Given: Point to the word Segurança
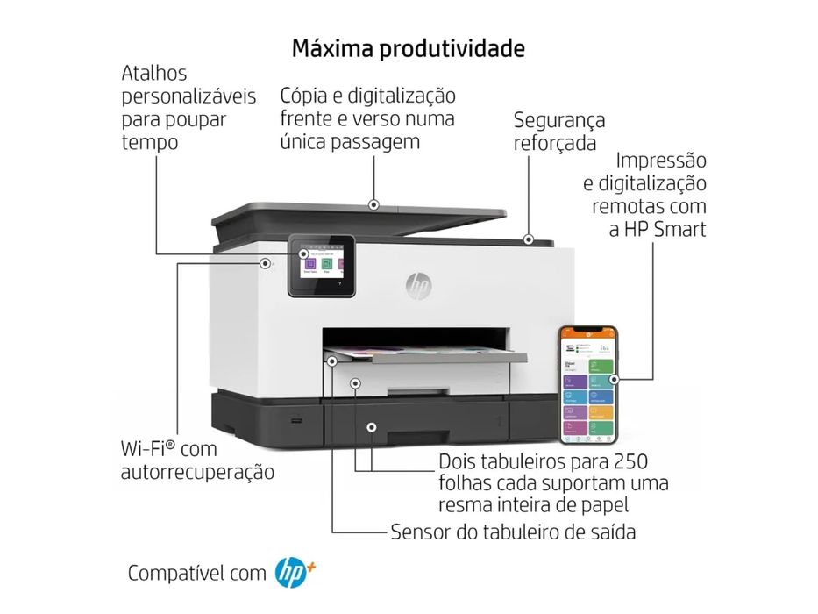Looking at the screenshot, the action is [559, 120].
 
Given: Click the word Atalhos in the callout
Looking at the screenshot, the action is [154, 74].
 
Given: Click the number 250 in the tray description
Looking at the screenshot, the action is [631, 461].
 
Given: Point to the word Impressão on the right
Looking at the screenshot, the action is [661, 161].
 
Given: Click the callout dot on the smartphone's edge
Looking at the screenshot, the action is [615, 380].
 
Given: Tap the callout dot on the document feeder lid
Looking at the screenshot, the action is [373, 204].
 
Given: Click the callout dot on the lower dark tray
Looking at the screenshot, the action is [372, 427].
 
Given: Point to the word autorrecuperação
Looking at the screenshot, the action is [197, 472].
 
